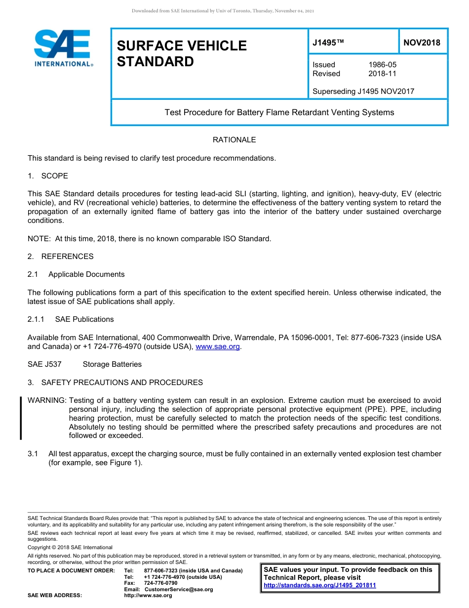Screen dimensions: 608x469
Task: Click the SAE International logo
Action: pyautogui.click(x=63, y=48)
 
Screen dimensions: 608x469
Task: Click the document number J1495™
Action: pyautogui.click(x=328, y=43)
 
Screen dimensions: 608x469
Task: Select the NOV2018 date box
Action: pyautogui.click(x=422, y=43)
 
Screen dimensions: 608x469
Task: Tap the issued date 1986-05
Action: pyautogui.click(x=382, y=65)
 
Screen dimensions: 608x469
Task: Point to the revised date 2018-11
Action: pyautogui.click(x=382, y=74)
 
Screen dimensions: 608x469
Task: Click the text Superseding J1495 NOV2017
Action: pyautogui.click(x=363, y=91)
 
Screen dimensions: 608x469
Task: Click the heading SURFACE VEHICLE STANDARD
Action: pyautogui.click(x=182, y=53)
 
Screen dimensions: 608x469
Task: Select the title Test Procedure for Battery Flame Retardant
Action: pyautogui.click(x=279, y=112)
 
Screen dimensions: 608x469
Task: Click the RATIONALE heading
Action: pyautogui.click(x=234, y=140)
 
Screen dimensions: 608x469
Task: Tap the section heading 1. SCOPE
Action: pyautogui.click(x=48, y=176)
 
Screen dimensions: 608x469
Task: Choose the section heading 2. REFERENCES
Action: pyautogui.click(x=60, y=257)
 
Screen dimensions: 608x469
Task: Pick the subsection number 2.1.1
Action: pyautogui.click(x=36, y=319)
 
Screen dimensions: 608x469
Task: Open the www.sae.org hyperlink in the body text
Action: pyautogui.click(x=218, y=347)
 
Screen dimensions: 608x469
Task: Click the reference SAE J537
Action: pyautogui.click(x=44, y=364)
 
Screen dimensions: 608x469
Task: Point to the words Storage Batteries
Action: pyautogui.click(x=112, y=364)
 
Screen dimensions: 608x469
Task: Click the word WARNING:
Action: pyautogui.click(x=47, y=400)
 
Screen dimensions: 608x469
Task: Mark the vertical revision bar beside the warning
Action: pyautogui.click(x=21, y=418)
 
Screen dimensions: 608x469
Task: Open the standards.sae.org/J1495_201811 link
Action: pyautogui.click(x=320, y=585)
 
